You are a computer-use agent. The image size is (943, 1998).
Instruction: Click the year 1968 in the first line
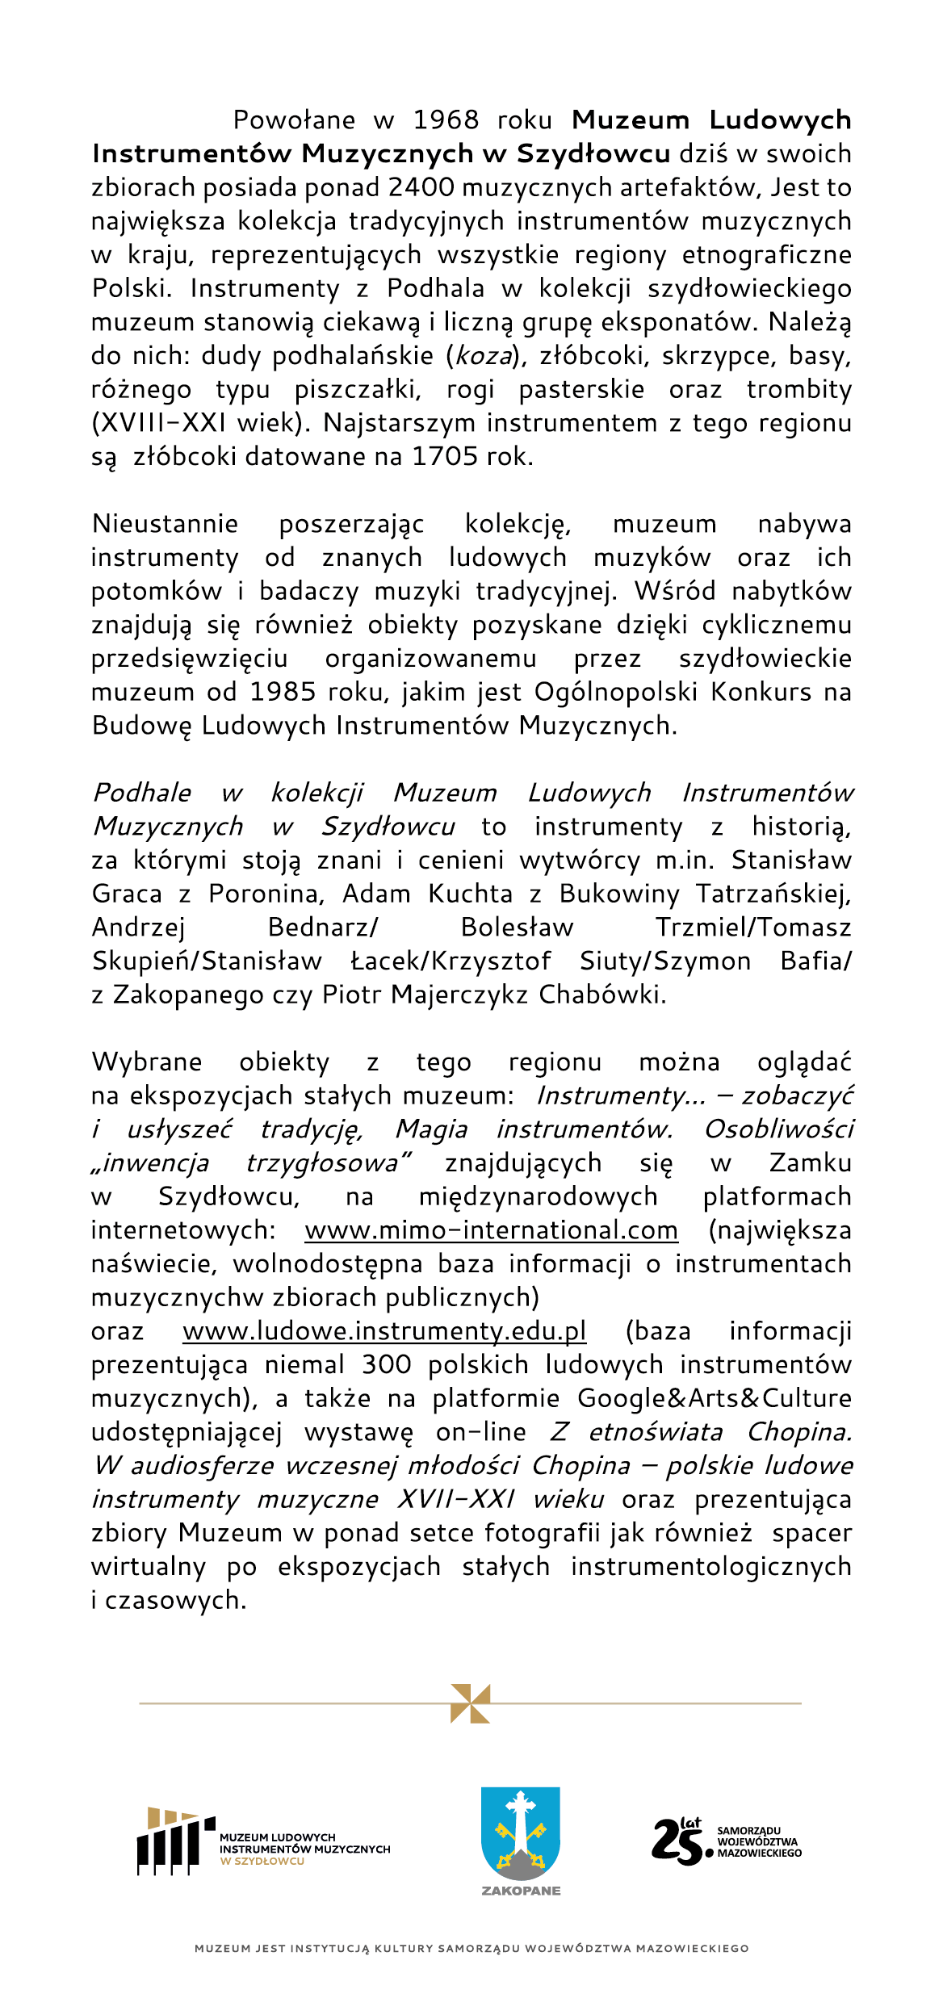(x=446, y=120)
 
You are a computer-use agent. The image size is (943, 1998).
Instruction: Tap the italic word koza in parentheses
(x=484, y=356)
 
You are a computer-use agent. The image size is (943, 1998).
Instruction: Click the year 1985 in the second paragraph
(x=284, y=693)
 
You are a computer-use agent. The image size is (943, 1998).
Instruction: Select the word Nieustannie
(x=165, y=524)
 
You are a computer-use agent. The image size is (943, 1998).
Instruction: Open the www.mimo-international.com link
(x=491, y=1230)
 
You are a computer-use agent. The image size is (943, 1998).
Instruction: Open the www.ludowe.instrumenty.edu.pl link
(x=384, y=1331)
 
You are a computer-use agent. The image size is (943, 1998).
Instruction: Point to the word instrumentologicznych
(x=710, y=1567)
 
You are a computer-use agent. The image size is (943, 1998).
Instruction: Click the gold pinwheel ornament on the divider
(x=471, y=1703)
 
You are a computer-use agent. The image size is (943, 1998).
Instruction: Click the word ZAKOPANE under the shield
(x=521, y=1891)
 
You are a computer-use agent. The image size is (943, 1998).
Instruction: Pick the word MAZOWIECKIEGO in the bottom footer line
(x=692, y=1949)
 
